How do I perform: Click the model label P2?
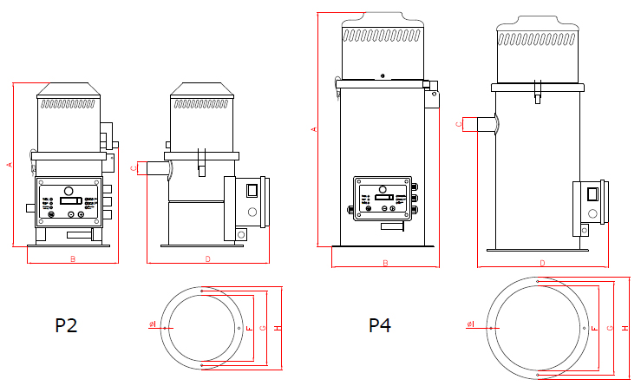click(66, 326)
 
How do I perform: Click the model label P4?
click(380, 326)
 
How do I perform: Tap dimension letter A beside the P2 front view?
click(9, 165)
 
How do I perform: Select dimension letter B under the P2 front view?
click(73, 258)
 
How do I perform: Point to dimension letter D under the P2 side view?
click(208, 258)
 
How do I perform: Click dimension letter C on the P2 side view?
click(134, 168)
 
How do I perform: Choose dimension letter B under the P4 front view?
click(384, 263)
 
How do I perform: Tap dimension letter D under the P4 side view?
click(542, 263)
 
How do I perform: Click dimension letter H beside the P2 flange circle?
click(276, 328)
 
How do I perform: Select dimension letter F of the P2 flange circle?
click(249, 328)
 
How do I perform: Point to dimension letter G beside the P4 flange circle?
click(611, 329)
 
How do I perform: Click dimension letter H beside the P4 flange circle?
click(625, 329)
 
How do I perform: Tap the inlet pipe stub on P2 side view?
click(154, 167)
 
